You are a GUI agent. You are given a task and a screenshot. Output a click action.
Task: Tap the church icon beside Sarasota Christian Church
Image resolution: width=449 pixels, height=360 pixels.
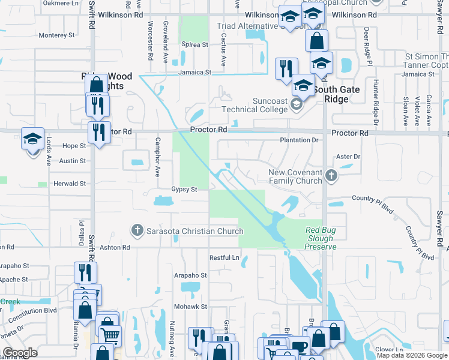click(137, 230)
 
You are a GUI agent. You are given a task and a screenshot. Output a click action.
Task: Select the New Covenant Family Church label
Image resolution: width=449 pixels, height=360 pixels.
click(295, 176)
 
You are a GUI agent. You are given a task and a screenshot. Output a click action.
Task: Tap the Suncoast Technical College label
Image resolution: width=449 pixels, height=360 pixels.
click(255, 105)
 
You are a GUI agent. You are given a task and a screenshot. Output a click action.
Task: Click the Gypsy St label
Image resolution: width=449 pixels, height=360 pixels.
click(184, 189)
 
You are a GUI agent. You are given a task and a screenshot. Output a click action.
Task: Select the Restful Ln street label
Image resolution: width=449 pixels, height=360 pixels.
click(224, 257)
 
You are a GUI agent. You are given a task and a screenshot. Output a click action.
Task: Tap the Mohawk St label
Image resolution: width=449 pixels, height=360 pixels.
click(190, 306)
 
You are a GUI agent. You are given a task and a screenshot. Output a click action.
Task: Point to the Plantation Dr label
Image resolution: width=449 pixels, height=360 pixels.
click(298, 140)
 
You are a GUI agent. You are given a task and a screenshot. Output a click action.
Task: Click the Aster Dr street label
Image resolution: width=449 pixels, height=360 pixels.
click(348, 157)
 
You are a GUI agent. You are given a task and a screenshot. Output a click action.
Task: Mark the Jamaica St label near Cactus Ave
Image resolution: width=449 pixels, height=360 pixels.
click(194, 72)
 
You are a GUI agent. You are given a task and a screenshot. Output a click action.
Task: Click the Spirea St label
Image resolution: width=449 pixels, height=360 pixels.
click(196, 44)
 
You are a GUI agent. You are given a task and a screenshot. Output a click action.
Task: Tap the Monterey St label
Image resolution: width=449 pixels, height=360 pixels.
click(56, 35)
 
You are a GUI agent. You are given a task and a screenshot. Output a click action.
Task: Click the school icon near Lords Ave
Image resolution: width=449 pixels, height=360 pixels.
click(33, 139)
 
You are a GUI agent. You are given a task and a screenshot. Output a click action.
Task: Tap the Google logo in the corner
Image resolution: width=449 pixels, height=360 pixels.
click(20, 353)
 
